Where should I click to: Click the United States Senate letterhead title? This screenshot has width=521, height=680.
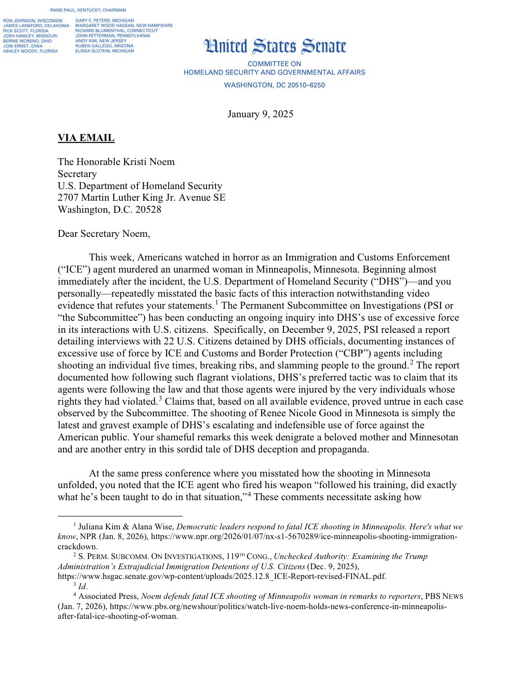coord(275,47)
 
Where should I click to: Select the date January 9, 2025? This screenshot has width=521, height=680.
coord(260,114)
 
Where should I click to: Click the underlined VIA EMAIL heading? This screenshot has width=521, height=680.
coord(86,138)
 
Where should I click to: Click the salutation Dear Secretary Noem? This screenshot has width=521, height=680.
coord(104,233)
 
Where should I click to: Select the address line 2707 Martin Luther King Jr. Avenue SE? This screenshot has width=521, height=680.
coord(141,197)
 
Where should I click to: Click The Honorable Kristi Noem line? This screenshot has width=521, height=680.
coord(116,162)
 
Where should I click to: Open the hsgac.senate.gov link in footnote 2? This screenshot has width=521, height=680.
coord(222,577)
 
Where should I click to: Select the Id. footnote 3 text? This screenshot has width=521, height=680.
coord(82,586)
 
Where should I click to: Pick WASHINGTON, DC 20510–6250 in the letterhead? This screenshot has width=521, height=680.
coord(274,85)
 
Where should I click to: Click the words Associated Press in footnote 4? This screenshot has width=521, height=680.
coord(108,597)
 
